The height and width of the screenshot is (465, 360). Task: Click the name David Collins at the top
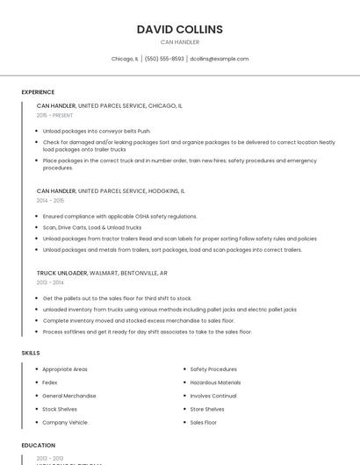pyautogui.click(x=180, y=29)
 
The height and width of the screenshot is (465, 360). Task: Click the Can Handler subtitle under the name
pyautogui.click(x=180, y=42)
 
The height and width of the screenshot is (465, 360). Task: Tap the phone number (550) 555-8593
pyautogui.click(x=164, y=59)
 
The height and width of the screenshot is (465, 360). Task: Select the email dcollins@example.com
pyautogui.click(x=220, y=59)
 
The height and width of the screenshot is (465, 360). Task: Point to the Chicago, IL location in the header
pyautogui.click(x=125, y=59)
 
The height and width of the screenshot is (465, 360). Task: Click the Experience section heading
pyautogui.click(x=38, y=92)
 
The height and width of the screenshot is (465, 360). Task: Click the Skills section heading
pyautogui.click(x=31, y=353)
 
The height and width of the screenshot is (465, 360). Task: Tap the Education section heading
pyautogui.click(x=39, y=446)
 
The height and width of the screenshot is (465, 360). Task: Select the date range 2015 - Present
pyautogui.click(x=54, y=116)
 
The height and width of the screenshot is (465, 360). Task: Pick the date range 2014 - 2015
pyautogui.click(x=50, y=201)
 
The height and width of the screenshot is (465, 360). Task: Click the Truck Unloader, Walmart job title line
pyautogui.click(x=102, y=273)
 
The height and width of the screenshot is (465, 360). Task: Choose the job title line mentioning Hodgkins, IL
pyautogui.click(x=111, y=190)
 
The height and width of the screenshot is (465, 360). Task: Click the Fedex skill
pyautogui.click(x=50, y=383)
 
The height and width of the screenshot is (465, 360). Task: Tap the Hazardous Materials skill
pyautogui.click(x=215, y=383)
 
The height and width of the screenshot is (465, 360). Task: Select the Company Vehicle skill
pyautogui.click(x=65, y=422)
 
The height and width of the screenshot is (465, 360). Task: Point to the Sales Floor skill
pyautogui.click(x=204, y=422)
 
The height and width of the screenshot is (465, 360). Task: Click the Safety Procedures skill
pyautogui.click(x=213, y=369)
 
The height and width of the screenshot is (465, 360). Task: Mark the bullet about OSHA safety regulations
pyautogui.click(x=119, y=216)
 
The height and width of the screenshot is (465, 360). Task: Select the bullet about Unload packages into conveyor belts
pyautogui.click(x=97, y=131)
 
